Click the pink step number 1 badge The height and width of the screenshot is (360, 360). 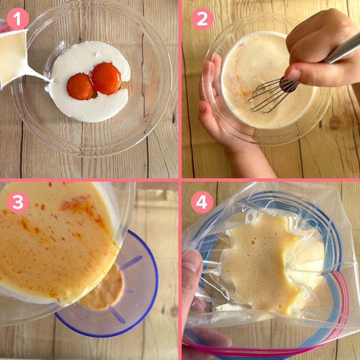[17, 19]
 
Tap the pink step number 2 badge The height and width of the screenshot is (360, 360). [202, 19]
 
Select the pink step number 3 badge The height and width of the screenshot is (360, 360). [17, 202]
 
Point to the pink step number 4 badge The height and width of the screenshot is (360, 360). [202, 202]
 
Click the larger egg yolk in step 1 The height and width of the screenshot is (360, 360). [106, 78]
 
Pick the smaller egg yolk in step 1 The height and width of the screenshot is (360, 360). [80, 86]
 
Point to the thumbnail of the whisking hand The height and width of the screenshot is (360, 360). [292, 74]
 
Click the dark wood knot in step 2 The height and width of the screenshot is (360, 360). [334, 123]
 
